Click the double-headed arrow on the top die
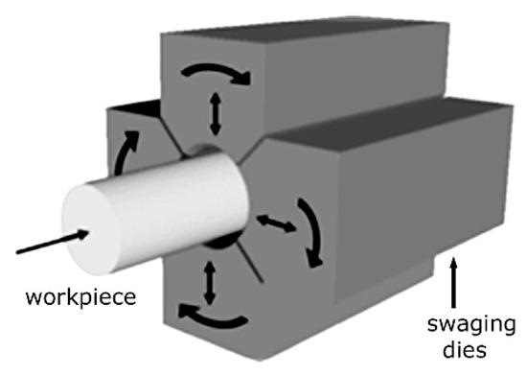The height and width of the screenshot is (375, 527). (215, 116)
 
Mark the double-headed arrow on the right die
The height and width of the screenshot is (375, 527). (276, 223)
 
